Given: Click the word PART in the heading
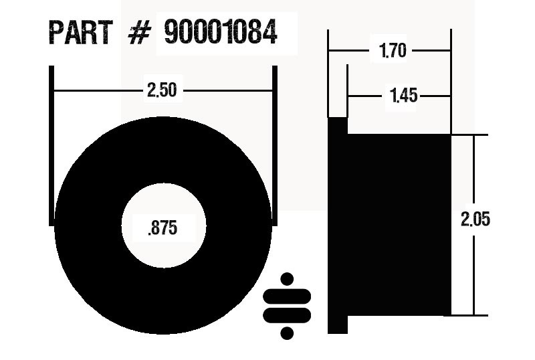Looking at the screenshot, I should [x=81, y=33].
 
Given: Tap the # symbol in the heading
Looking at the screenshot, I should [x=138, y=33].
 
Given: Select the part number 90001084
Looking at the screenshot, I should [x=220, y=33].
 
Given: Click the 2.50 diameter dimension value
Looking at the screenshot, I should [x=162, y=90].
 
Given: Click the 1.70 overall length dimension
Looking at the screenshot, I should [x=393, y=51].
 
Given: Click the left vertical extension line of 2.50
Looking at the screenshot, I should [x=51, y=144].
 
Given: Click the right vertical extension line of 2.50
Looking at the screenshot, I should [x=274, y=144].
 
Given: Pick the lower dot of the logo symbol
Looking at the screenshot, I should [x=288, y=332].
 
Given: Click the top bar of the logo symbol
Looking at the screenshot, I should [x=288, y=296].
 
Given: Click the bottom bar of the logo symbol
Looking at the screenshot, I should [x=288, y=314].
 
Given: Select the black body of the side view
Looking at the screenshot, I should [x=399, y=225].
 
